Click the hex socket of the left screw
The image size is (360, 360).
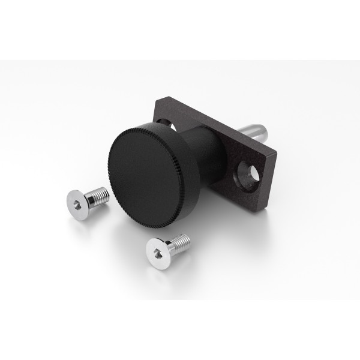77,206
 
